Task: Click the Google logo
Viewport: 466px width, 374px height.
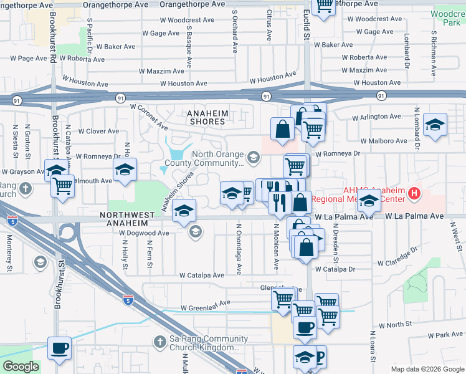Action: (21, 367)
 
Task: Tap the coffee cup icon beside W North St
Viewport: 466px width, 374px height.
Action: (305, 327)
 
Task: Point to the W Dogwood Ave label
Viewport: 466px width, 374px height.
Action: (144, 233)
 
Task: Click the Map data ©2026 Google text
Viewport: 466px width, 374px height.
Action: (427, 369)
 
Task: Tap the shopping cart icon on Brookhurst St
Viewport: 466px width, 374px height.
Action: (62, 186)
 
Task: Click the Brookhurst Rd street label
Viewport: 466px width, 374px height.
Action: (55, 47)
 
